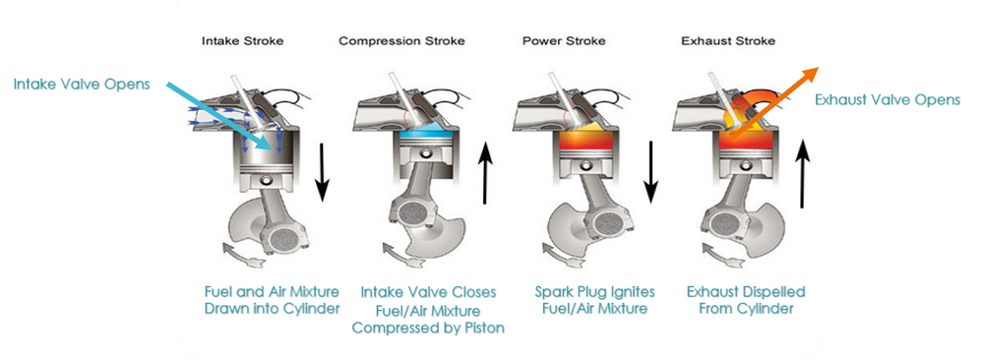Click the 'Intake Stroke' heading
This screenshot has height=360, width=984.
242,41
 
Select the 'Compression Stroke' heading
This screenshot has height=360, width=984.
401,41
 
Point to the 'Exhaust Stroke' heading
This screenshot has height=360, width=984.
728,41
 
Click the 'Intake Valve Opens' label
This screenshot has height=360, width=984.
82,84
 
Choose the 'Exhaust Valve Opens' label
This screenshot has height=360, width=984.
888,99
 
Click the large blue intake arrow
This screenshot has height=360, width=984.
222,116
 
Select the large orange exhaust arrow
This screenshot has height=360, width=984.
773,100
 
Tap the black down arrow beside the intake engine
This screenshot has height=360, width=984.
322,171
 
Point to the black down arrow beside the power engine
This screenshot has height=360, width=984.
650,170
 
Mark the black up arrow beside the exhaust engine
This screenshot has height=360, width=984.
803,174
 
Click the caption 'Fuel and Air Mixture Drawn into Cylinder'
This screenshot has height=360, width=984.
272,300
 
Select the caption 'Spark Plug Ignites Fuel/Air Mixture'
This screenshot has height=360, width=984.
595,300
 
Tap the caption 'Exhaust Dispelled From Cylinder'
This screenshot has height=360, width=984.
746,300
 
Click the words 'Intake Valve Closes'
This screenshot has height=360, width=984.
428,292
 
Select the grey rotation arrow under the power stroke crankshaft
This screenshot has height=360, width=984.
562,252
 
